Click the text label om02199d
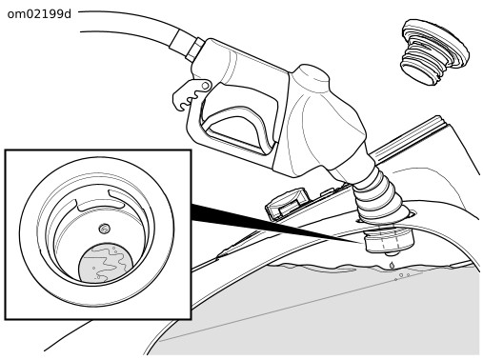[39, 14]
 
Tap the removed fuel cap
[434, 51]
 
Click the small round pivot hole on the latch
[206, 86]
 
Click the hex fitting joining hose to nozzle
[194, 50]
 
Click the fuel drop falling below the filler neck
[392, 265]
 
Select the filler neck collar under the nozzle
[389, 241]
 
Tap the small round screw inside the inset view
[104, 229]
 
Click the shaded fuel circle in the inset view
[106, 263]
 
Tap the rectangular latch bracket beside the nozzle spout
[288, 203]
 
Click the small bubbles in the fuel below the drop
[402, 276]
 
